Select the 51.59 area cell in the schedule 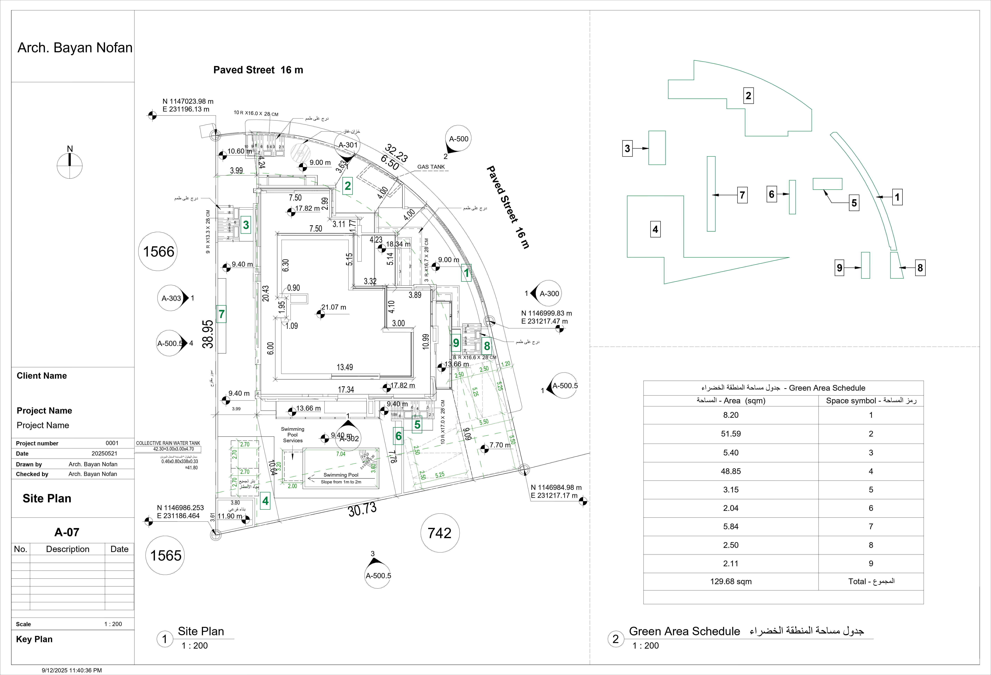coord(730,434)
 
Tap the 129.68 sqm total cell coord(730,581)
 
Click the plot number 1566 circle coord(158,252)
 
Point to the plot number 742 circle coord(440,533)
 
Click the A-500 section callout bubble coord(458,139)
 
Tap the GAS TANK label coord(431,167)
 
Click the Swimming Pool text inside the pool coord(341,475)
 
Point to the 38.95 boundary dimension coord(208,334)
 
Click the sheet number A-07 coord(67,532)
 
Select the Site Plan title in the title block coord(47,499)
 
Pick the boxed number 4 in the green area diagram coord(655,229)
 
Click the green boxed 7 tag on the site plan coord(221,314)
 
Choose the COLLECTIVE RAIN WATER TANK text coord(168,443)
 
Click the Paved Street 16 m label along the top coord(258,70)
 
